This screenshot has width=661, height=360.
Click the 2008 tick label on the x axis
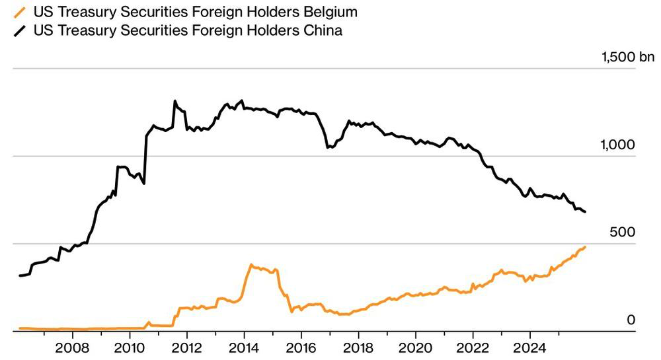(72, 347)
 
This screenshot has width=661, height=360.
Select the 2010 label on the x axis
(130, 347)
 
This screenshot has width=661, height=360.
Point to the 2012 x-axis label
(187, 347)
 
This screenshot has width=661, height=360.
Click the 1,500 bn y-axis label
(627, 57)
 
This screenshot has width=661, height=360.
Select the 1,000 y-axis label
(617, 145)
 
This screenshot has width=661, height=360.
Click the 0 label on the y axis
(631, 320)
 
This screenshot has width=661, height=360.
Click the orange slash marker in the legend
(25, 12)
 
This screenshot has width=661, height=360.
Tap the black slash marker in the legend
(25, 30)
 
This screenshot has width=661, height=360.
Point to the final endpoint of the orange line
(585, 247)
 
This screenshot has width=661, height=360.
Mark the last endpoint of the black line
(585, 212)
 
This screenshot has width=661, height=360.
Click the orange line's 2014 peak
(251, 265)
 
